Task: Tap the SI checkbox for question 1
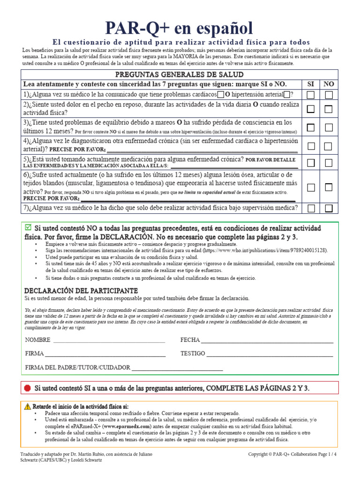[311, 95]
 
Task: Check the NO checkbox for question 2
[329, 109]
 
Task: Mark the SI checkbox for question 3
[311, 127]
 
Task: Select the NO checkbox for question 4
[329, 146]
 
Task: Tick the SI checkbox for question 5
[311, 163]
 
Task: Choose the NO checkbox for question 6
[329, 187]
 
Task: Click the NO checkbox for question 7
[329, 208]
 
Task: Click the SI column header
[311, 84]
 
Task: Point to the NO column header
[329, 84]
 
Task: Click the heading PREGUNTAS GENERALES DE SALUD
[180, 75]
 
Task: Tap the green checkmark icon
[28, 227]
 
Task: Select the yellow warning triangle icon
[28, 406]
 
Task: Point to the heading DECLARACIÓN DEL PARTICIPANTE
[81, 290]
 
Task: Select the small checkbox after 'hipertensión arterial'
[287, 95]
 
